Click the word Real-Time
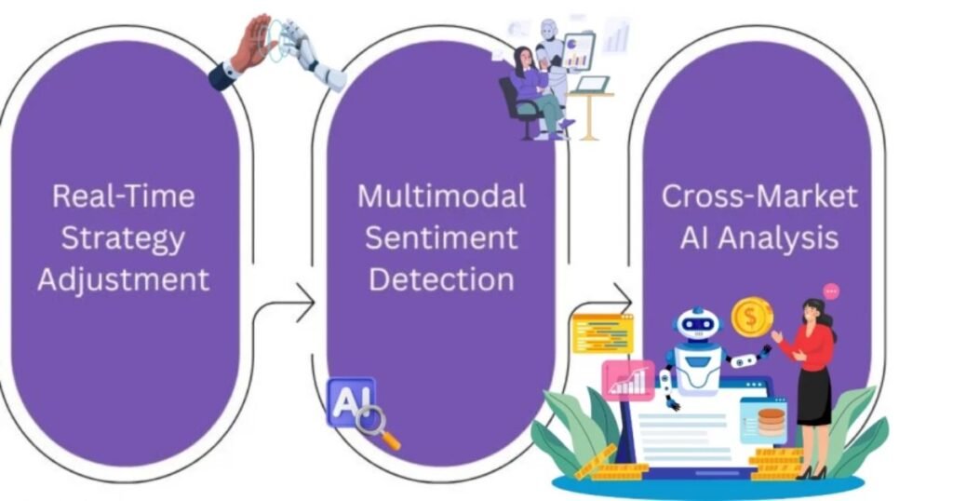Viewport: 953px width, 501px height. [124, 196]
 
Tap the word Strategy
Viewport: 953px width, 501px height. [124, 237]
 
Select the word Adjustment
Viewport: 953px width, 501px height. [124, 278]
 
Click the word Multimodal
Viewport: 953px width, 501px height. [441, 196]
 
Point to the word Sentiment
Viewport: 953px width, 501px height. [441, 237]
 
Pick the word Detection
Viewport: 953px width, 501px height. [441, 278]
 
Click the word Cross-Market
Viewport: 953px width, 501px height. [759, 196]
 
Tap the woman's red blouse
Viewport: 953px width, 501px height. [812, 346]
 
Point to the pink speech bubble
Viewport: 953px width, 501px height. [831, 291]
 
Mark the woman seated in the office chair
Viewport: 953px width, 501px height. [530, 93]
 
